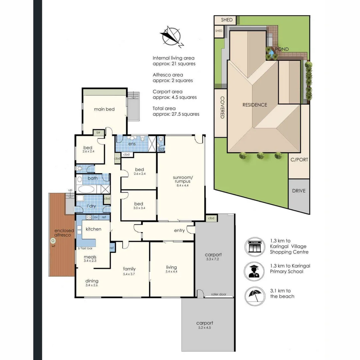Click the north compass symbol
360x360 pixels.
click(x=172, y=36)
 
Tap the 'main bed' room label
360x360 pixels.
click(x=104, y=109)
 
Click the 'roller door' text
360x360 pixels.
click(x=219, y=294)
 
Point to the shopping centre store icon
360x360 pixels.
click(x=255, y=247)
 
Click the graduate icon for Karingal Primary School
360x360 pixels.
click(x=255, y=271)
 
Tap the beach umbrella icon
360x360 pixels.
click(x=255, y=295)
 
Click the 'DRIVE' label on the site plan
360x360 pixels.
click(x=299, y=191)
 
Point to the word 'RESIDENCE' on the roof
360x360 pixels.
click(x=255, y=105)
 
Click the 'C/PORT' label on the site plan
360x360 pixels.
click(x=299, y=160)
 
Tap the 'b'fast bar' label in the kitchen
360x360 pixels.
click(x=85, y=248)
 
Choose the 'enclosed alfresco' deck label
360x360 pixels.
click(x=64, y=233)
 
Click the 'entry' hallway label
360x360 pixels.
click(x=179, y=231)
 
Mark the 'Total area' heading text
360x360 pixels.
click(x=164, y=108)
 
